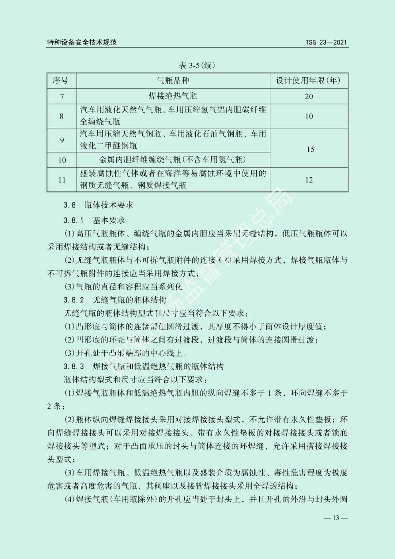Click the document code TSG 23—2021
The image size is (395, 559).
(326, 42)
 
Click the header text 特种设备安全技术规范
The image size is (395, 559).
(82, 42)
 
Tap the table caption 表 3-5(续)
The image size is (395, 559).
(197, 66)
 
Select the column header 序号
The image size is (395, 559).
(61, 81)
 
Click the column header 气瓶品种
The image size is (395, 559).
(173, 81)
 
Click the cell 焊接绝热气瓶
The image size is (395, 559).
(173, 96)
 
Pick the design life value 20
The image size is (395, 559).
(309, 97)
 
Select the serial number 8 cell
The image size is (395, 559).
(61, 116)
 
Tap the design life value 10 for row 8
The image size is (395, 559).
(309, 116)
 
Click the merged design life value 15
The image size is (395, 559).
(311, 149)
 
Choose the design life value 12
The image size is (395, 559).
(309, 180)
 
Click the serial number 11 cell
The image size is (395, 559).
(62, 180)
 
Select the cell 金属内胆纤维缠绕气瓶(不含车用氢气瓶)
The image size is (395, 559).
(173, 160)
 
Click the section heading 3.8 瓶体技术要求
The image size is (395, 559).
(98, 205)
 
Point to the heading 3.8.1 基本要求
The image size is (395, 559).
(94, 220)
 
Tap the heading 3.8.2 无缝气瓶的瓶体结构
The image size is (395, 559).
(114, 300)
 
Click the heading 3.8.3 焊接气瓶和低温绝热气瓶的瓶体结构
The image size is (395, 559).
(143, 366)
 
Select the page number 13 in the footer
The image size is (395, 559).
(335, 518)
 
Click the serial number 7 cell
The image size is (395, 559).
(62, 97)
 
